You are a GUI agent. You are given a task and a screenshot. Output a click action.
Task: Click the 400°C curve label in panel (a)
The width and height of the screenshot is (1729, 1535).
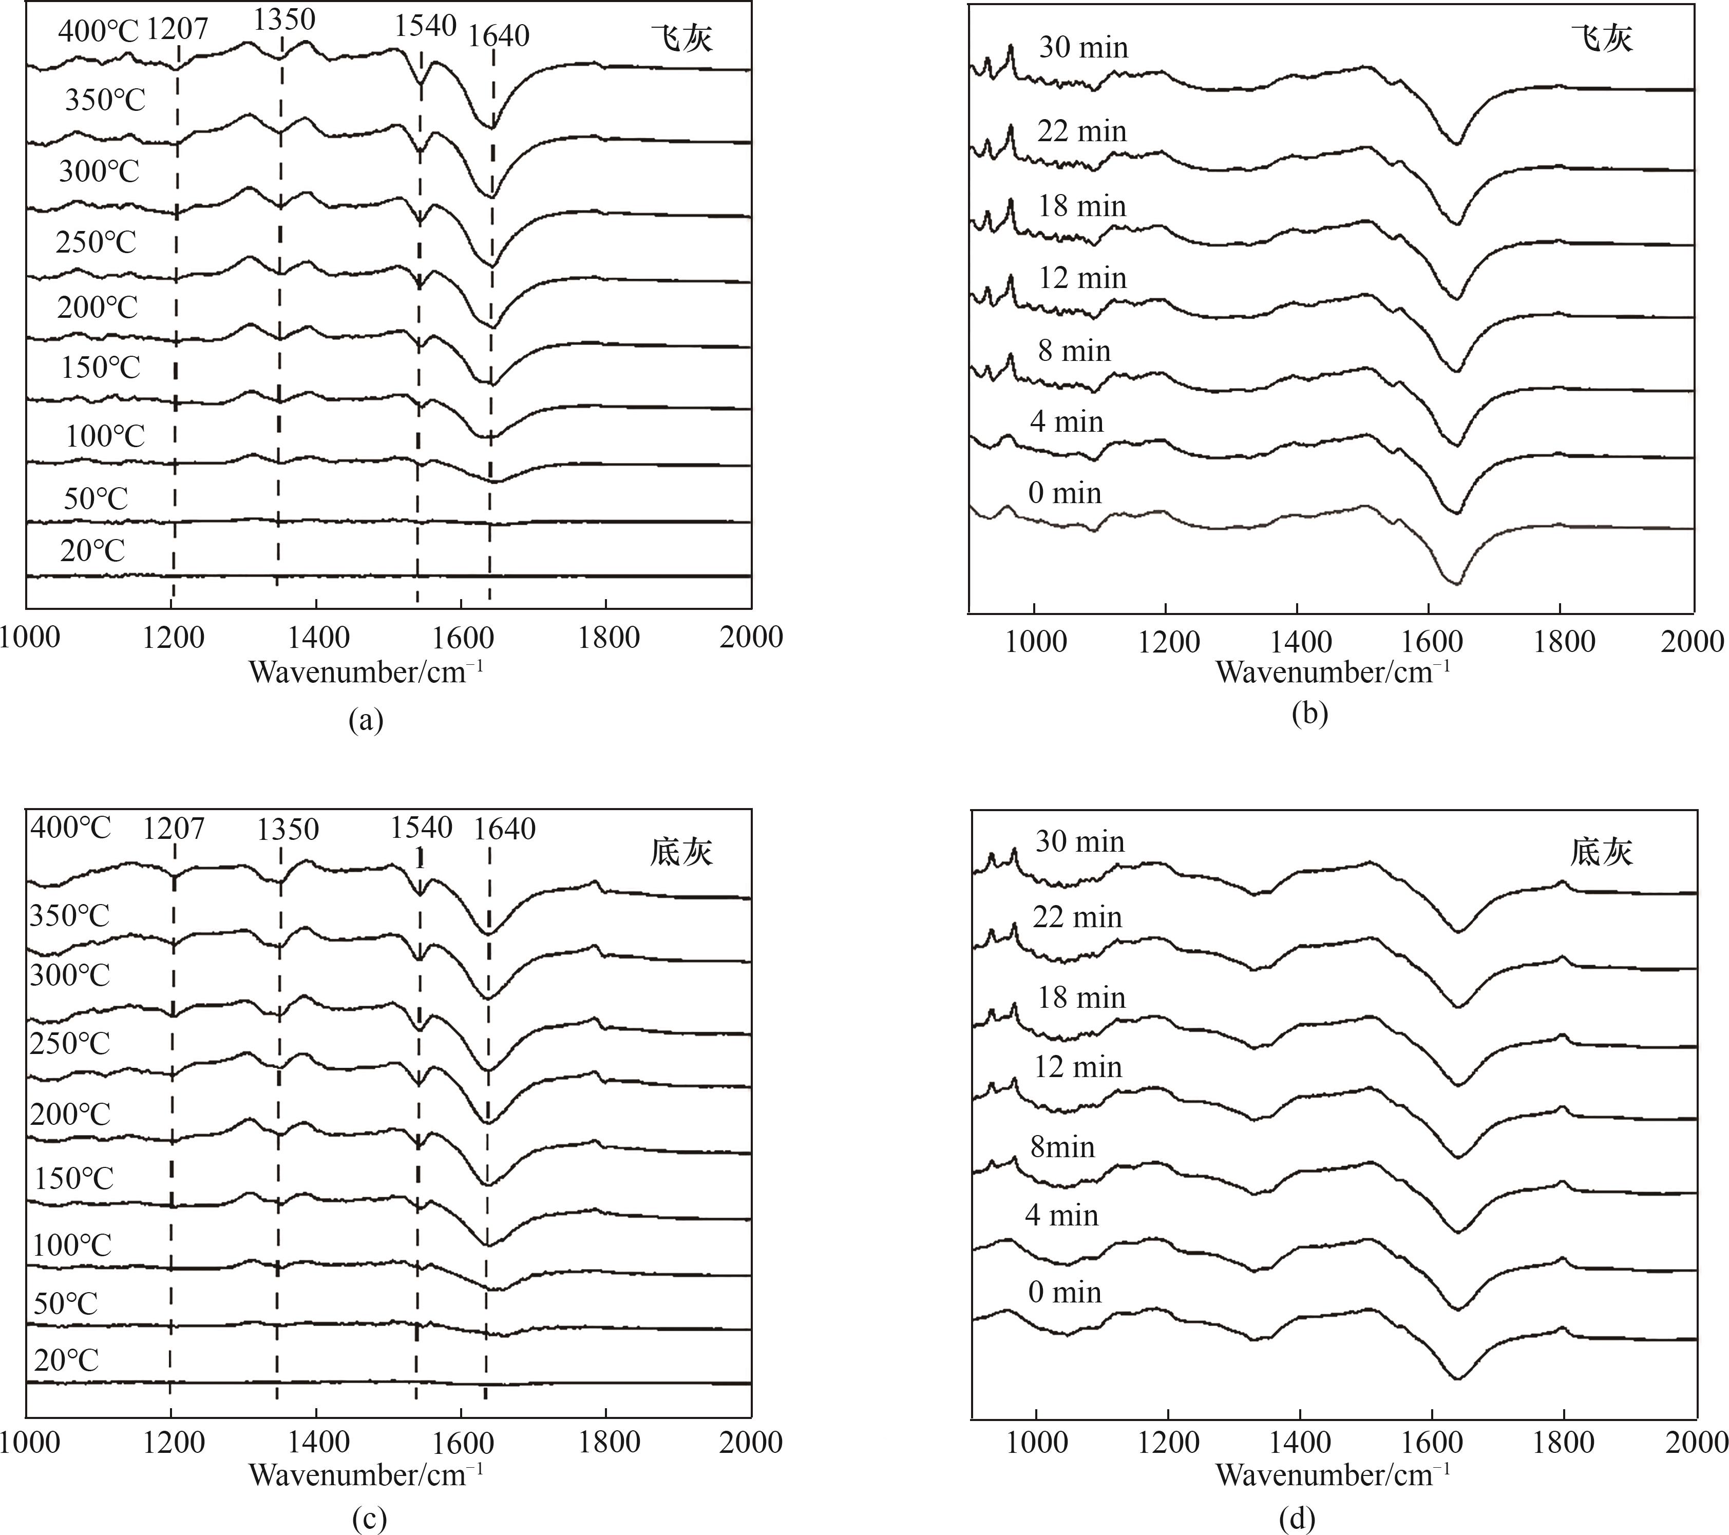(x=97, y=31)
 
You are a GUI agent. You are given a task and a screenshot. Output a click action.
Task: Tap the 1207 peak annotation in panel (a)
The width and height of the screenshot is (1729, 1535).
(x=177, y=29)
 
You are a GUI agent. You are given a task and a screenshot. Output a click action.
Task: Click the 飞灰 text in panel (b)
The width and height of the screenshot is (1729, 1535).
(x=1601, y=38)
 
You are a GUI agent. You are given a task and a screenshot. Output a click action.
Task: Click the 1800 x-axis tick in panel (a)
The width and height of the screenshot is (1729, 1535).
(x=608, y=637)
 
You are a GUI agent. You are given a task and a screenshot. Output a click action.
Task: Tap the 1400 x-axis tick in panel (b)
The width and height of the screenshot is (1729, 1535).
(x=1301, y=642)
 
